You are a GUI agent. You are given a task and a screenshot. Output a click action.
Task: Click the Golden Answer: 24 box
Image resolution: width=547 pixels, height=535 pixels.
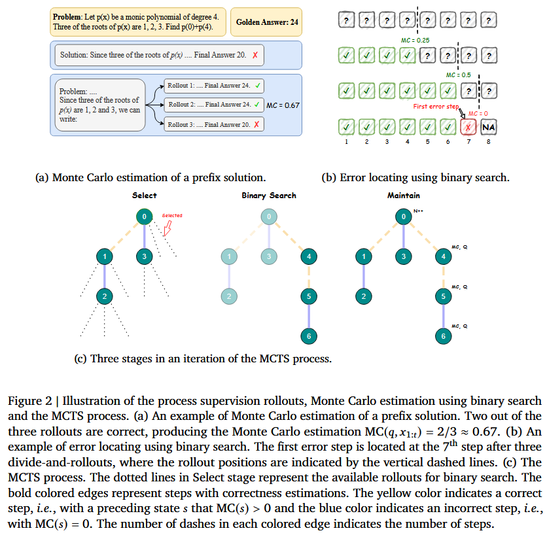click(267, 22)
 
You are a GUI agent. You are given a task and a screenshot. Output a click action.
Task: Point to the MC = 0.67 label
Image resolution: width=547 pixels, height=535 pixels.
click(283, 105)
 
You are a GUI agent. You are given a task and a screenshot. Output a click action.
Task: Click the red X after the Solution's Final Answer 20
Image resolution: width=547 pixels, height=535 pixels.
click(255, 55)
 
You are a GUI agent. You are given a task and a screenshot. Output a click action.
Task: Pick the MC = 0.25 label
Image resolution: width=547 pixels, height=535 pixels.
click(415, 41)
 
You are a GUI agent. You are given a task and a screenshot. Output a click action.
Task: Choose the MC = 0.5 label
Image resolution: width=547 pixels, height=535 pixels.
click(458, 75)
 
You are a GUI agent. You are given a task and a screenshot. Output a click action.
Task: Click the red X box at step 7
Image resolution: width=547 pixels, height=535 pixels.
click(468, 127)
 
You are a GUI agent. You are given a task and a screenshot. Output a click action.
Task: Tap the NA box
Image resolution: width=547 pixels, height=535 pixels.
click(488, 127)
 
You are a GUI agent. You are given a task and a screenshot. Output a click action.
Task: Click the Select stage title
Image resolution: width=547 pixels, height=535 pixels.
click(144, 195)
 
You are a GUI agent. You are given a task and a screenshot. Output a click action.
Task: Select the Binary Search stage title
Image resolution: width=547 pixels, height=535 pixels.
click(268, 195)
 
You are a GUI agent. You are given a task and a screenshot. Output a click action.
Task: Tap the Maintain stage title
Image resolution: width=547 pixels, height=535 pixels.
click(404, 195)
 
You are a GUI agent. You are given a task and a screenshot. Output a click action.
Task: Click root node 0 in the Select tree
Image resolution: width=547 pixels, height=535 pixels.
click(143, 216)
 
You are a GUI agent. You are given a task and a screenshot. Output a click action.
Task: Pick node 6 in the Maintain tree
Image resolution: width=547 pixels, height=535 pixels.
click(444, 336)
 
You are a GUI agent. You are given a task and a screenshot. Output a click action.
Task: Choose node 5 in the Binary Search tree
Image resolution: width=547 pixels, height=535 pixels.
click(308, 297)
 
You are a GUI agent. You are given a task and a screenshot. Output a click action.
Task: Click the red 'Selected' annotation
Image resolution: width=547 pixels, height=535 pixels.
click(172, 215)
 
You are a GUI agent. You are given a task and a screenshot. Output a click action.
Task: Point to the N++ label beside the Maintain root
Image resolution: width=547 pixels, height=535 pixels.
click(419, 211)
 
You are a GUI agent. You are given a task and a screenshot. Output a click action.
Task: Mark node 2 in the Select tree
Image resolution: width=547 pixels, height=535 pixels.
click(103, 297)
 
